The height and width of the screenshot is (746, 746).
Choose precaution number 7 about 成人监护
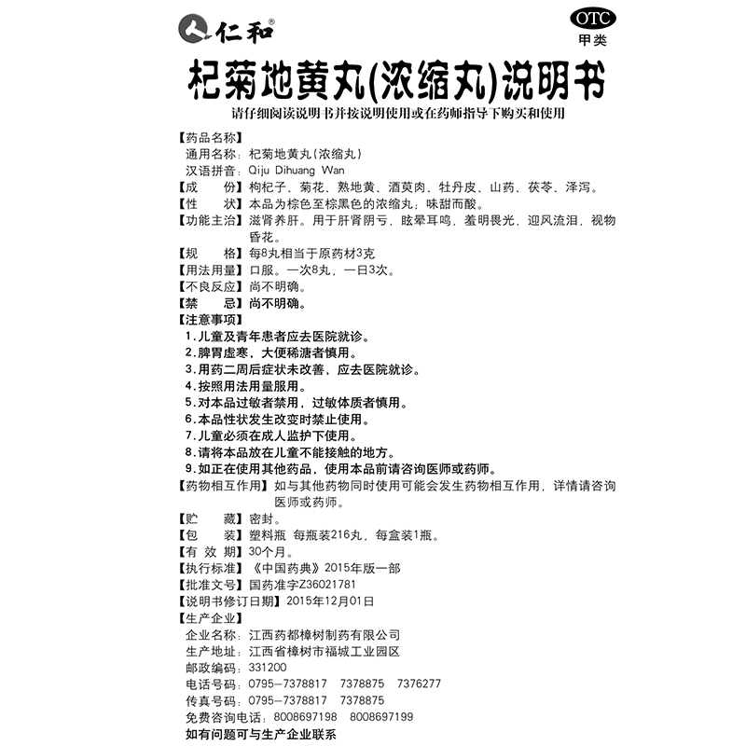tap(283, 435)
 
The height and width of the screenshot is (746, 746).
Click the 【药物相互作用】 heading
tap(223, 486)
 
